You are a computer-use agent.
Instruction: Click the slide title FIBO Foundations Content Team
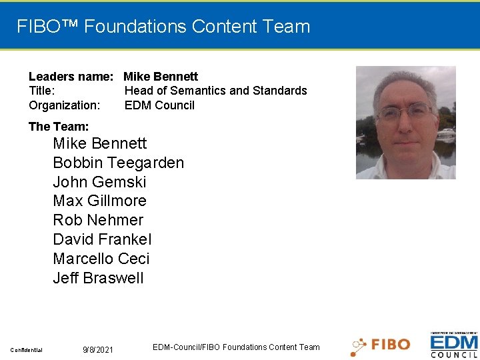[x=163, y=27]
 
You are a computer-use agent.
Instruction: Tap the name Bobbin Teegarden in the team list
[x=118, y=163]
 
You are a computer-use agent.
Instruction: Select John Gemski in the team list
[x=99, y=182]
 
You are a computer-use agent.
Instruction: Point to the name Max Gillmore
[x=99, y=201]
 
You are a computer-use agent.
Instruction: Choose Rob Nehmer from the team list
[x=98, y=220]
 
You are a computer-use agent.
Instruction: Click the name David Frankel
[x=102, y=239]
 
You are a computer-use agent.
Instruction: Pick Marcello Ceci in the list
[x=101, y=259]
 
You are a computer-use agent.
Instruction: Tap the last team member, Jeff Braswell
[x=98, y=278]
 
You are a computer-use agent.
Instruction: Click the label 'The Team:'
[x=59, y=127]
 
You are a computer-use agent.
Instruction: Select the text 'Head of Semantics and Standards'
[x=215, y=91]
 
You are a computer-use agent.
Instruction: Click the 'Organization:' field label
[x=65, y=105]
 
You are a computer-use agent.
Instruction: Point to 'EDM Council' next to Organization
[x=159, y=105]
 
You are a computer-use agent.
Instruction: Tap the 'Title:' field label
[x=42, y=91]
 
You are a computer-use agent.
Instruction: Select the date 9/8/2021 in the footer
[x=98, y=350]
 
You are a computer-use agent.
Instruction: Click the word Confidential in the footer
[x=26, y=350]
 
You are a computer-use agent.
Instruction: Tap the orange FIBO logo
[x=381, y=345]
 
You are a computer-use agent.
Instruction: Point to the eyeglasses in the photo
[x=405, y=112]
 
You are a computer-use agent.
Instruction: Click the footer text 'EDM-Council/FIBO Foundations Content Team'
[x=236, y=347]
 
